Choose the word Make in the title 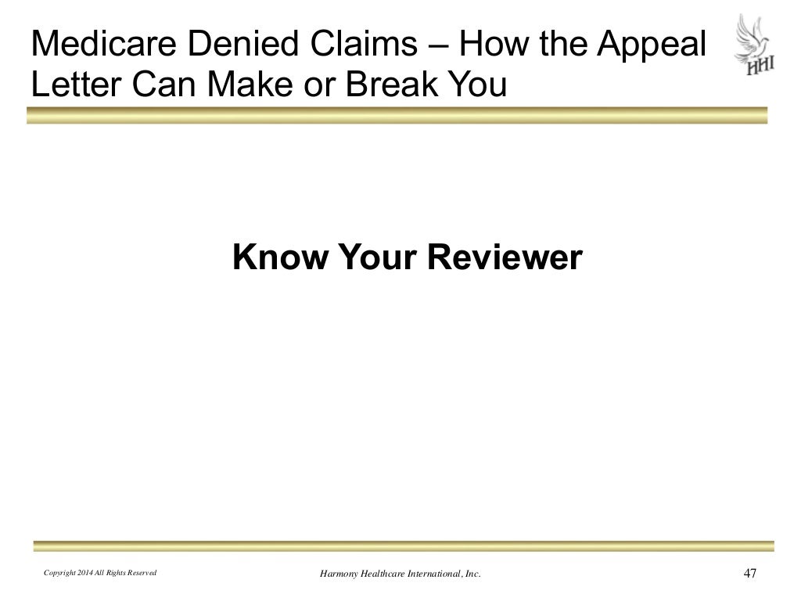click(x=257, y=85)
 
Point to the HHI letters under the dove click(x=759, y=67)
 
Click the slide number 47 click(x=749, y=574)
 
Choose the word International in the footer click(x=442, y=574)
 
